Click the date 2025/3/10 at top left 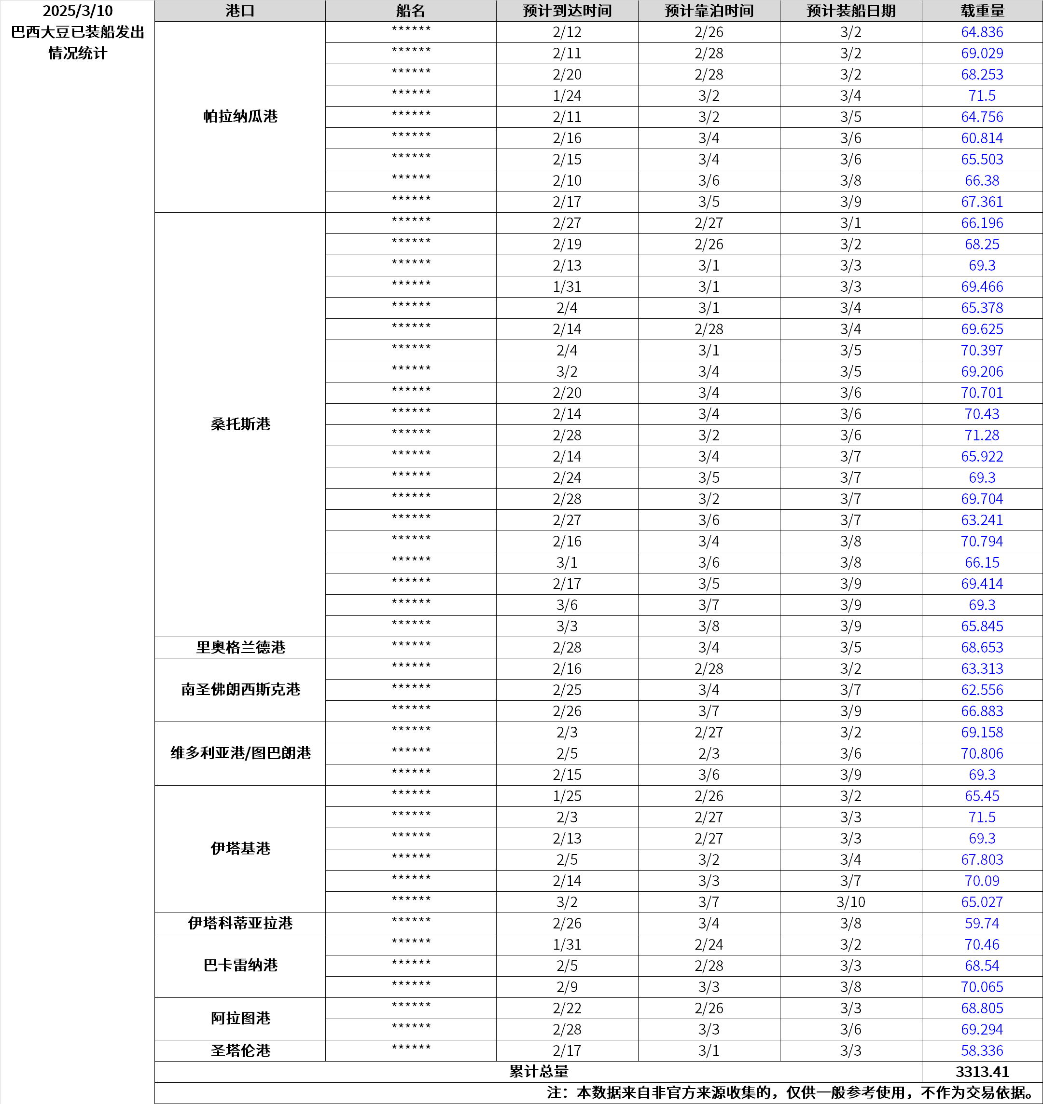[77, 11]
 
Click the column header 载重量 [982, 11]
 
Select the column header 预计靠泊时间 [709, 11]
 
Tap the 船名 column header [410, 11]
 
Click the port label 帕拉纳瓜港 [240, 117]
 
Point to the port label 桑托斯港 [240, 424]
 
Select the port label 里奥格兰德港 [240, 648]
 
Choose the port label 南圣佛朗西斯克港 [240, 690]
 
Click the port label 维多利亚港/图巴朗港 [240, 753]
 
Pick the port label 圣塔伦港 [240, 1050]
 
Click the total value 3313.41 [982, 1072]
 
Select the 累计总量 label [538, 1072]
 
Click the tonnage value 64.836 [982, 32]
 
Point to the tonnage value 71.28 [982, 436]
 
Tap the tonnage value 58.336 [982, 1050]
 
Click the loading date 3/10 [850, 902]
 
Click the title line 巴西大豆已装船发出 [77, 32]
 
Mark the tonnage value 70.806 [982, 754]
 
